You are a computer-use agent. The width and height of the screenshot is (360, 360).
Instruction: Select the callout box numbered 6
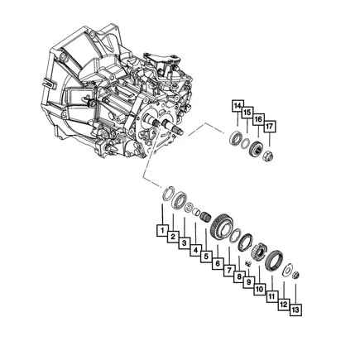(218, 263)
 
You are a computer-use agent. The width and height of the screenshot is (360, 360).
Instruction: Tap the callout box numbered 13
(295, 309)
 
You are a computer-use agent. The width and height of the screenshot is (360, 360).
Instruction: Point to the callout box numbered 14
(238, 106)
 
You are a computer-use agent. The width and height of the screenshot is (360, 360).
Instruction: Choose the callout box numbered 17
(269, 127)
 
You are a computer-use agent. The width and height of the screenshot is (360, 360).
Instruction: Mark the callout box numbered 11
(271, 296)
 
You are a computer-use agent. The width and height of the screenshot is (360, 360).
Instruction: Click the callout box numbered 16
(258, 120)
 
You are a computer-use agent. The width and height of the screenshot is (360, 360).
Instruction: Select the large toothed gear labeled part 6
(220, 225)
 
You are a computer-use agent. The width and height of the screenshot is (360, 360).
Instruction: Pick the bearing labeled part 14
(237, 138)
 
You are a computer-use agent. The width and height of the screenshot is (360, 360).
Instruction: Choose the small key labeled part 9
(247, 264)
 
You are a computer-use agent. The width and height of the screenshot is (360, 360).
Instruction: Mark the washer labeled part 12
(287, 268)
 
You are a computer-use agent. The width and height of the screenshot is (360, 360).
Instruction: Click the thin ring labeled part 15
(247, 143)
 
